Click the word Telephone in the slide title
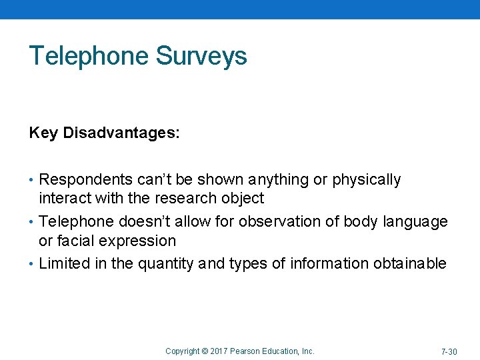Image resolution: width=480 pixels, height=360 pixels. [x=89, y=56]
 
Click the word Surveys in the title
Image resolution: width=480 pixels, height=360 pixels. [x=201, y=56]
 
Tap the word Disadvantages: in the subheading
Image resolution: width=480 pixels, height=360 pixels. [x=121, y=133]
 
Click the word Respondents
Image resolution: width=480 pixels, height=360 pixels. [x=86, y=180]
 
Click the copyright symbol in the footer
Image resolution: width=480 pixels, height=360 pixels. [x=204, y=351]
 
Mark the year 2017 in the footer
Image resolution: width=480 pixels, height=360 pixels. [x=219, y=351]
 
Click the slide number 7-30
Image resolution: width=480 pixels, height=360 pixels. [x=449, y=351]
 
